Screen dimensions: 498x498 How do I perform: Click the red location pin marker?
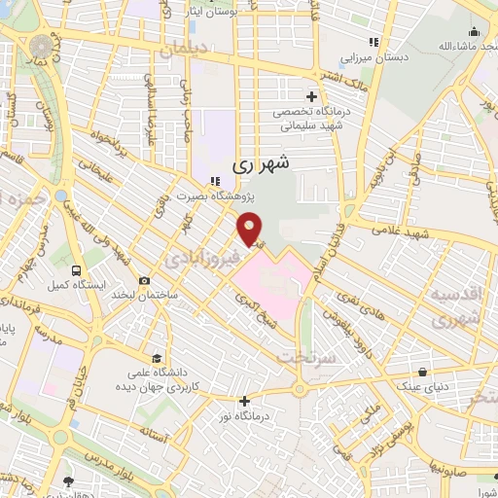[x=251, y=229]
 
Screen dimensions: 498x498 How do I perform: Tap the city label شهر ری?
[x=262, y=166]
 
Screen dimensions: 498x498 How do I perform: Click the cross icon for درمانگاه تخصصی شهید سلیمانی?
[x=311, y=96]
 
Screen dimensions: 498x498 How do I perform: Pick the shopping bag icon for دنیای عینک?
[x=422, y=372]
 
